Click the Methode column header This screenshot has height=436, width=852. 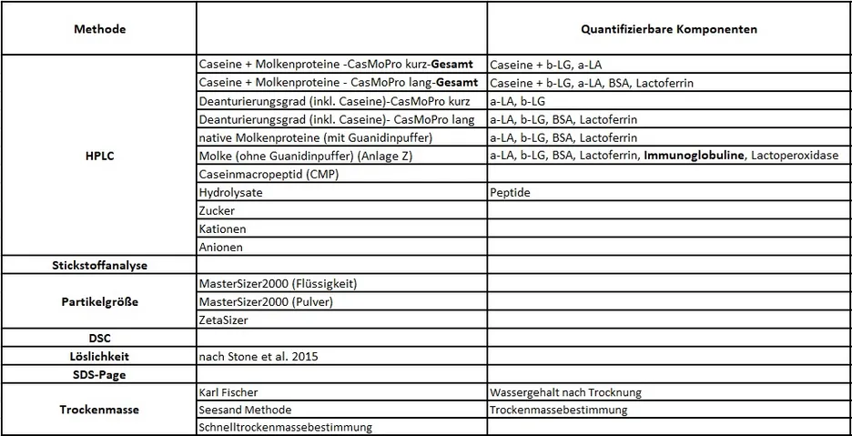pyautogui.click(x=99, y=29)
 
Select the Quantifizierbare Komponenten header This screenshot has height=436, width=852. pyautogui.click(x=669, y=29)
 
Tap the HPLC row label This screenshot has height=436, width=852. pyautogui.click(x=99, y=156)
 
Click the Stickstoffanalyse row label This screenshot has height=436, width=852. pyautogui.click(x=99, y=265)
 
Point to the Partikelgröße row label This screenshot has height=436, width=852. pyautogui.click(x=99, y=301)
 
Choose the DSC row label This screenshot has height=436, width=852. pyautogui.click(x=99, y=338)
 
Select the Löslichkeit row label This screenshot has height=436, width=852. pyautogui.click(x=99, y=356)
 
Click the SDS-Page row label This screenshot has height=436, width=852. pyautogui.click(x=99, y=374)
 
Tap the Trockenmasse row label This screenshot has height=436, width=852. pyautogui.click(x=99, y=410)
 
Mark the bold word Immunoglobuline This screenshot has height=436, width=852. pyautogui.click(x=694, y=156)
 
